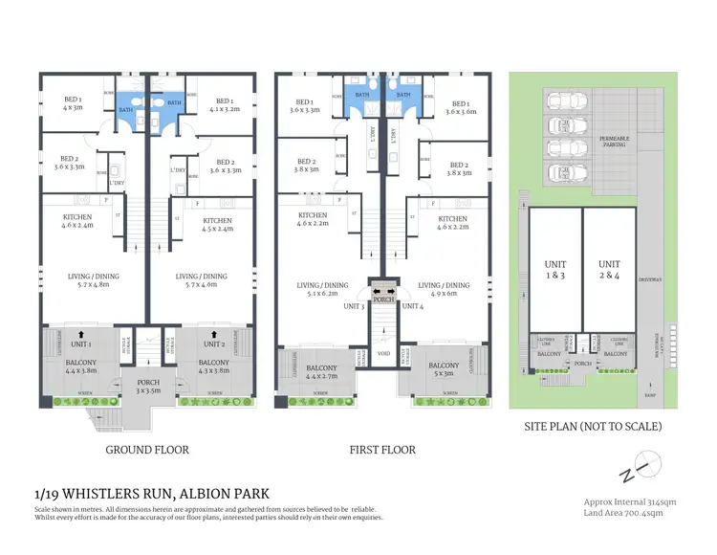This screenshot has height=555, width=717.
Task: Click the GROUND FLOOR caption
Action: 146,449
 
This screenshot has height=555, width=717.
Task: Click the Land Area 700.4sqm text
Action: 622,513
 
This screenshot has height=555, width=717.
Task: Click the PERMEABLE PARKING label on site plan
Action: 614,143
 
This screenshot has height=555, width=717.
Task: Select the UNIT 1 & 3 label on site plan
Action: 555,269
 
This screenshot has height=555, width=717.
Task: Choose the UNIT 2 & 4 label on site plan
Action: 609,269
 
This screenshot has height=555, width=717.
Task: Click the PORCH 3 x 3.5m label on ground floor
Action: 148,388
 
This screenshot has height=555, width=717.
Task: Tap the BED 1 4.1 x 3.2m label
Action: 225,104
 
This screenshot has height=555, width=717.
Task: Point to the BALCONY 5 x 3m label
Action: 444,369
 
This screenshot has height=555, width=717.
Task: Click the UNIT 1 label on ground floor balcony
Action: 80,344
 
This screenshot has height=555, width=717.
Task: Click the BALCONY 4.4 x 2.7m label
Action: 321,372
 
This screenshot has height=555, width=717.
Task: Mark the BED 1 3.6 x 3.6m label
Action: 461,108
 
